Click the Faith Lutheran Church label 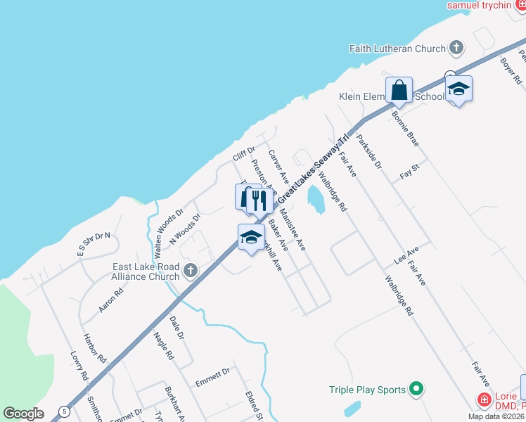point(397,49)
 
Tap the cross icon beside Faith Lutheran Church point(456,49)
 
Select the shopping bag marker point(399,91)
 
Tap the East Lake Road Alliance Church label point(146,271)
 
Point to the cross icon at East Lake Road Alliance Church point(190,270)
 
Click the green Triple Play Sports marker point(416,389)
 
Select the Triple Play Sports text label point(367,390)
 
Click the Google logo point(23,414)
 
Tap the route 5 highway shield point(64,411)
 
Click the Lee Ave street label point(406,255)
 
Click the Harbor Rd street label point(94,347)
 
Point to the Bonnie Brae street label point(406,128)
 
